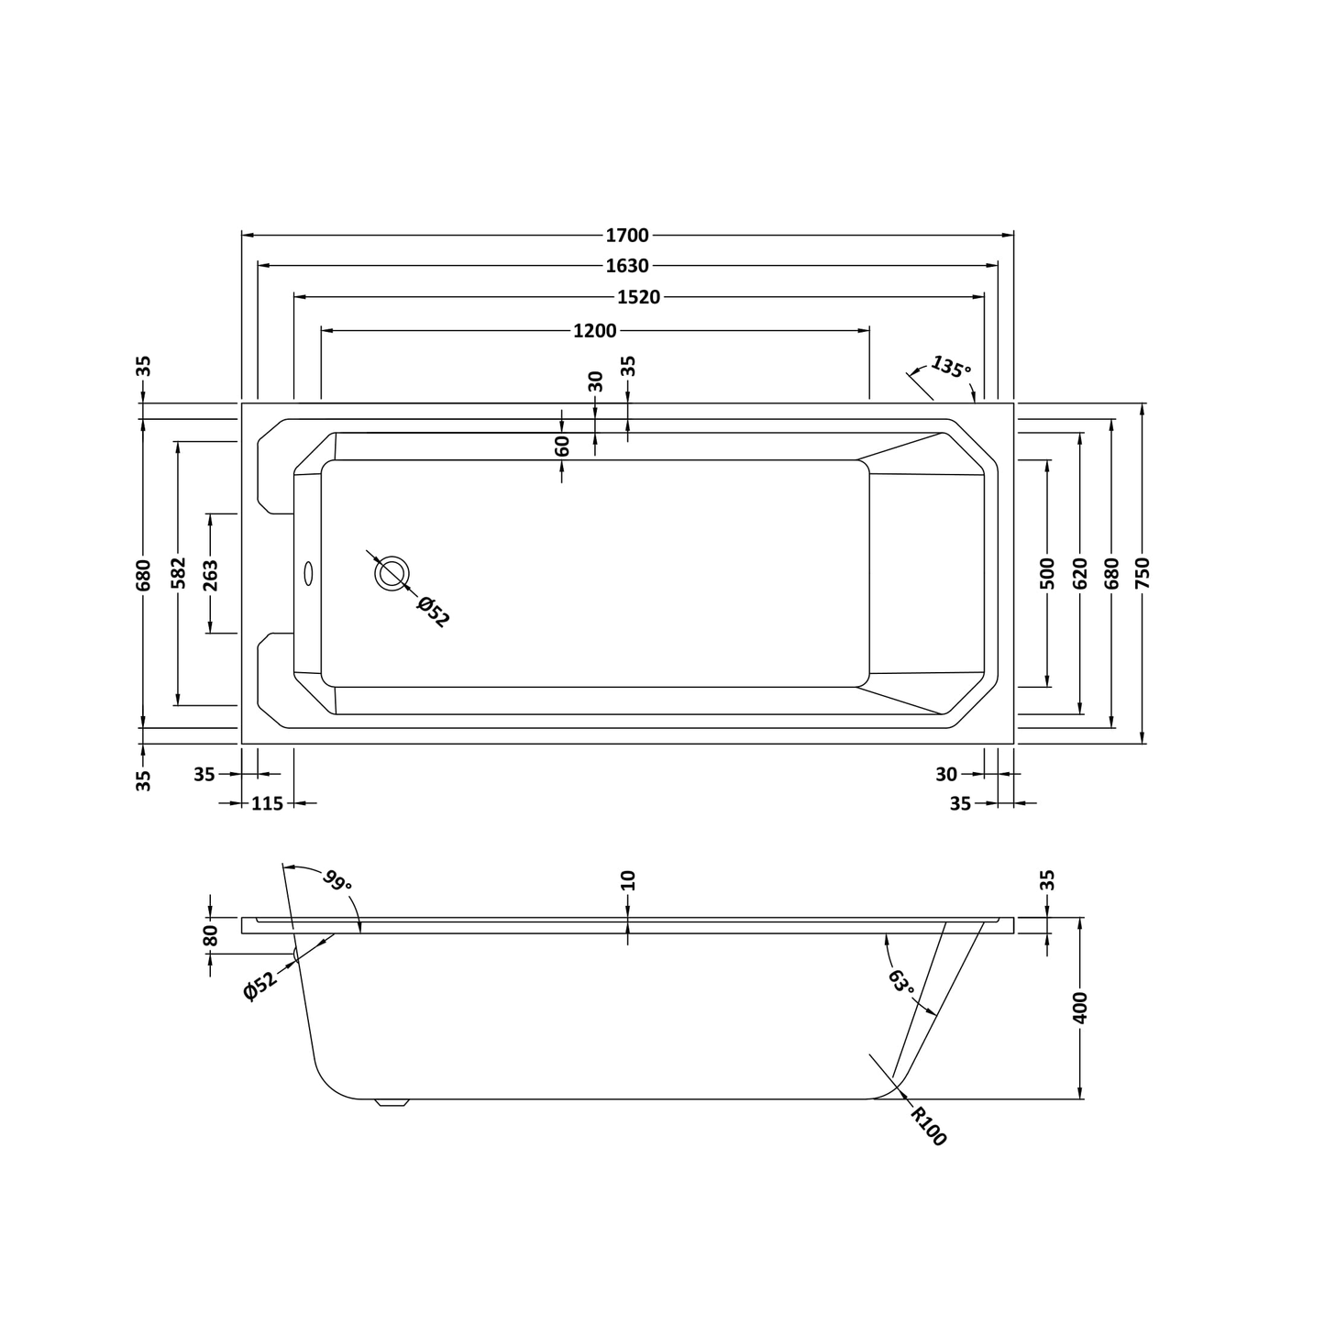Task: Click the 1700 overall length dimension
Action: coord(627,236)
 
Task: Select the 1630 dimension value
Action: coord(627,266)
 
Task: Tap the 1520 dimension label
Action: coord(638,297)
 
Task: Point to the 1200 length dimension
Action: coord(595,330)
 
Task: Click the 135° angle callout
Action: coord(950,367)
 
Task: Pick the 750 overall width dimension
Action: coord(1142,573)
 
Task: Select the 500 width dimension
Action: coord(1048,573)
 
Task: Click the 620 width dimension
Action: coord(1079,573)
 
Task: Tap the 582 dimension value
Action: coord(179,573)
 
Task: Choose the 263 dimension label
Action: coord(211,573)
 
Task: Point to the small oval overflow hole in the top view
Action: coord(308,573)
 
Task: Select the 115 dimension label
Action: coord(267,803)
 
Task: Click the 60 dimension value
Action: coord(562,446)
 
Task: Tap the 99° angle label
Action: coord(337,882)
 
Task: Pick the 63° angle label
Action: coord(901,982)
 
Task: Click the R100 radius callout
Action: coord(928,1126)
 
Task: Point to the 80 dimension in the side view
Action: coord(211,936)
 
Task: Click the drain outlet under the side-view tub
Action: coord(392,1103)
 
